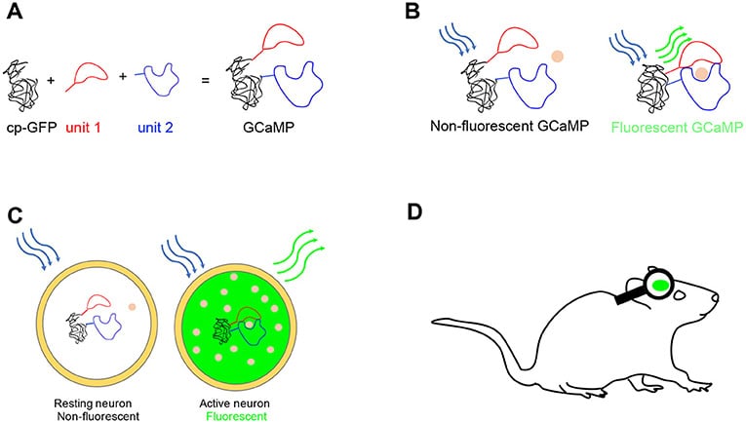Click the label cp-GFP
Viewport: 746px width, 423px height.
(29, 126)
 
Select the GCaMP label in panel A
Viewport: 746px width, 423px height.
(266, 126)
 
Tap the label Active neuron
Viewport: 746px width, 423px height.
(228, 400)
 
